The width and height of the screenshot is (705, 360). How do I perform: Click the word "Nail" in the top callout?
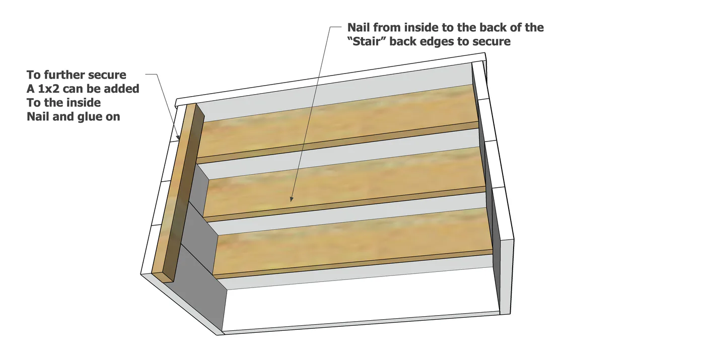[x=359, y=27]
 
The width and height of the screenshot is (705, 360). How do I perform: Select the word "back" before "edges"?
[x=403, y=41]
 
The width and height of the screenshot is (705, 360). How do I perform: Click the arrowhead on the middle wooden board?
[x=292, y=199]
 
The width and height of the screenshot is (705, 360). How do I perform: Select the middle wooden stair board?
[x=344, y=185]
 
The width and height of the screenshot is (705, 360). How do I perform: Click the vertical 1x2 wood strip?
[x=178, y=192]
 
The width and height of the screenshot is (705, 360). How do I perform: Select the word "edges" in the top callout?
[x=437, y=41]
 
